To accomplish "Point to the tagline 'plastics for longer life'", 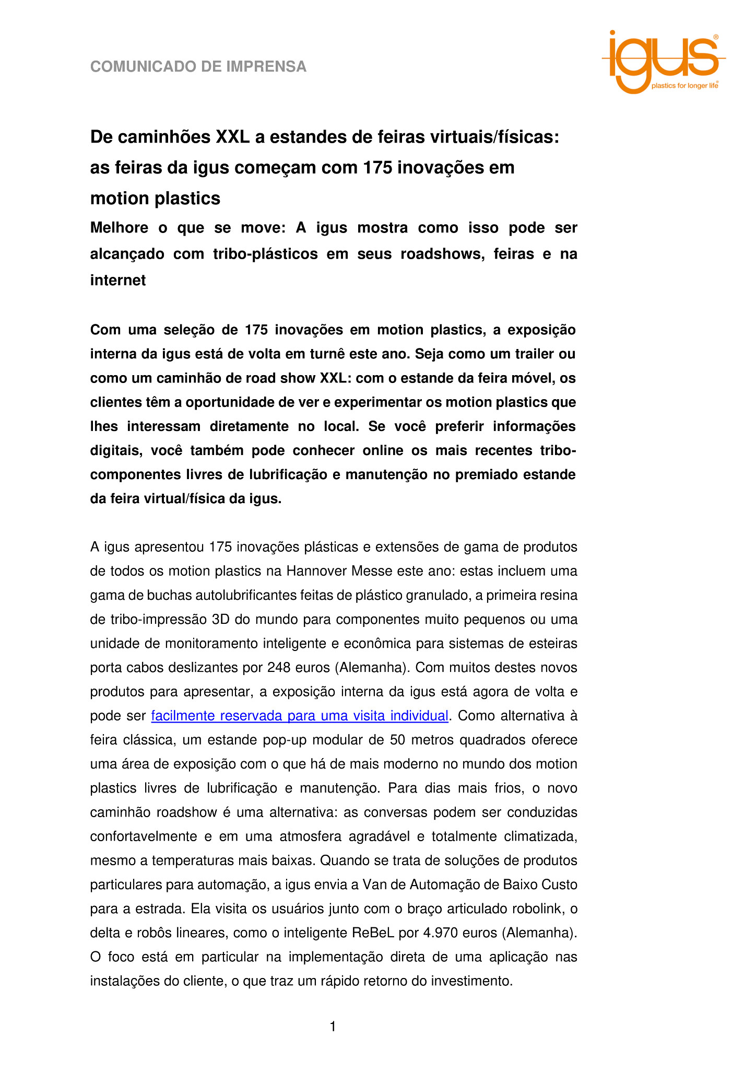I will point(684,86).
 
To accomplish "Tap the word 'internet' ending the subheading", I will point(118,281).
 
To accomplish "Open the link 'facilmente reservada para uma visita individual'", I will point(300,716).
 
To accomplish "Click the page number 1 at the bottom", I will point(333,1028).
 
